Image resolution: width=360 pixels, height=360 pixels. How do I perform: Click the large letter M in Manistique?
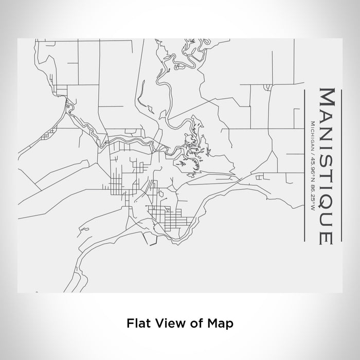pyautogui.click(x=328, y=98)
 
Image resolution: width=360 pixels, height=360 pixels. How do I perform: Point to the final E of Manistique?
pyautogui.click(x=328, y=237)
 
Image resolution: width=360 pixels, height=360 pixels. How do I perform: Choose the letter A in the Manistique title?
pyautogui.click(x=328, y=116)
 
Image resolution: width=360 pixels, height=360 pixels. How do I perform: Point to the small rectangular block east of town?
pyautogui.click(x=259, y=177)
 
